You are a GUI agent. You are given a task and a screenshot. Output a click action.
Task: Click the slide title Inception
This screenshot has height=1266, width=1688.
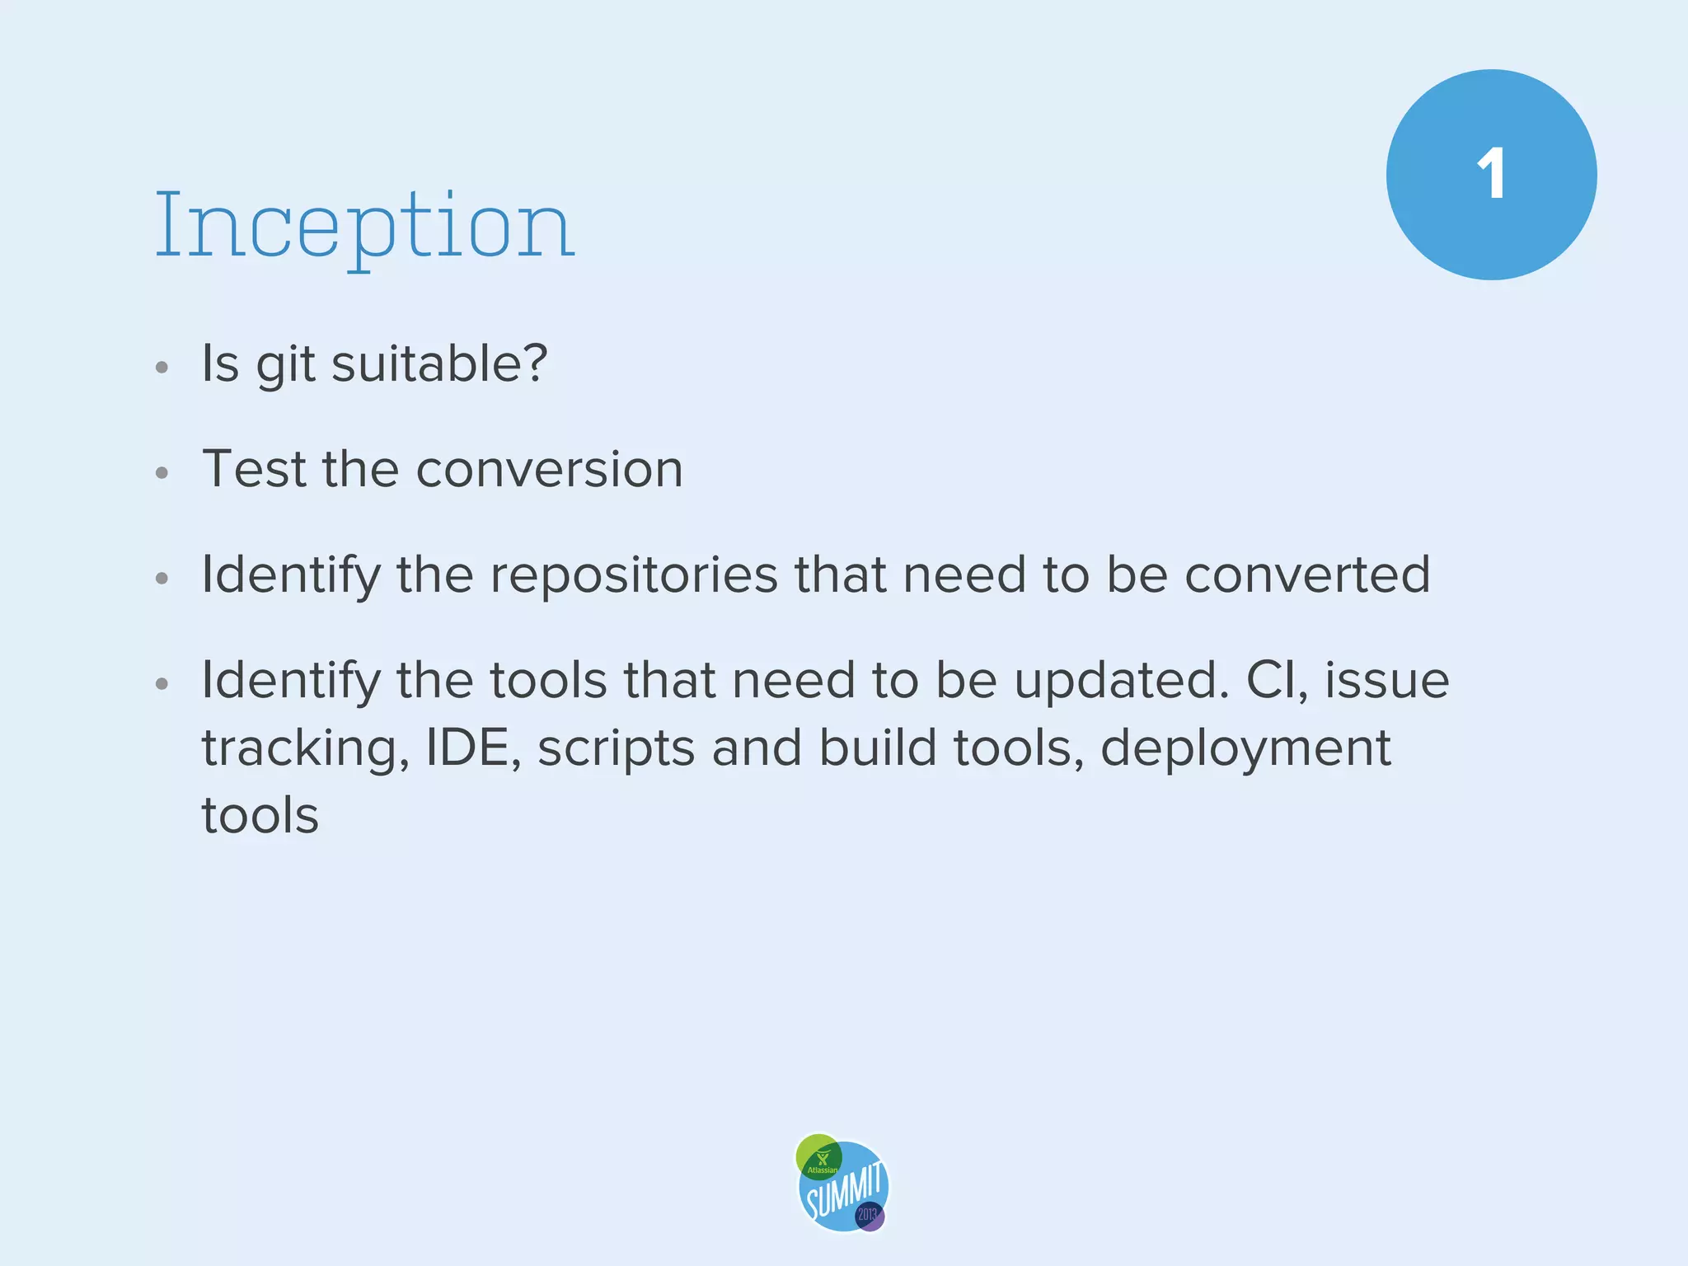(x=364, y=226)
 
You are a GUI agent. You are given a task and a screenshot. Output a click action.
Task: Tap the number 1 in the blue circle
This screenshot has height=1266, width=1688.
(x=1491, y=175)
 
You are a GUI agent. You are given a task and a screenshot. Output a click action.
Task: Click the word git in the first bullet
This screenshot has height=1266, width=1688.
(x=285, y=364)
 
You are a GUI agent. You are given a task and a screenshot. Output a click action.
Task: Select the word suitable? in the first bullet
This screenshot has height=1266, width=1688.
(x=439, y=363)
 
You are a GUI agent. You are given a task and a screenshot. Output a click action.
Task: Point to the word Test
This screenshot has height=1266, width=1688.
(x=255, y=468)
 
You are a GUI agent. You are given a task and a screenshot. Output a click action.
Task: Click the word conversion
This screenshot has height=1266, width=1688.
(x=550, y=469)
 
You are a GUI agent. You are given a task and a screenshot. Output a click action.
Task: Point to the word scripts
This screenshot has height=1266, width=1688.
(x=617, y=749)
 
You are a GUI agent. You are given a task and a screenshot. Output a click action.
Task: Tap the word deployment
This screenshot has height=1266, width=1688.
(x=1245, y=749)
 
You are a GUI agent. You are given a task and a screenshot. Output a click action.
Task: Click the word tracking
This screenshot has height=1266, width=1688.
(x=302, y=749)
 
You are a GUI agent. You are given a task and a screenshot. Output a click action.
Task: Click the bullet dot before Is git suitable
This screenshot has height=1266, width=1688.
(x=162, y=367)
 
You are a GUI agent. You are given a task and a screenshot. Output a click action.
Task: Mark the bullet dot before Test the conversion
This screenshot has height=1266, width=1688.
(x=162, y=472)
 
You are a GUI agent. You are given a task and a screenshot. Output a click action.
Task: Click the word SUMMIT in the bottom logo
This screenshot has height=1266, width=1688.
(x=845, y=1190)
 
